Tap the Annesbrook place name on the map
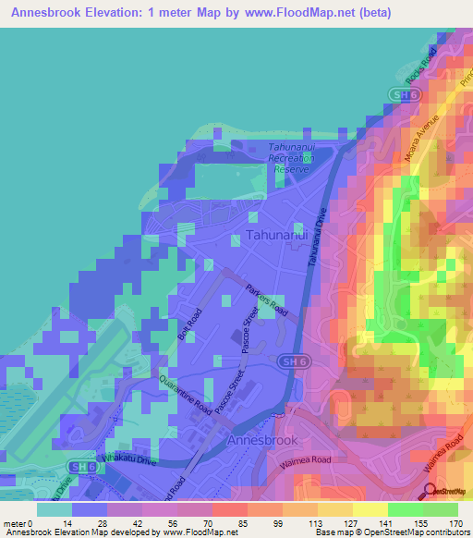pyautogui.click(x=264, y=442)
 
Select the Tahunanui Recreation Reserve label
pyautogui.click(x=291, y=158)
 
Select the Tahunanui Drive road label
pyautogui.click(x=319, y=238)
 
